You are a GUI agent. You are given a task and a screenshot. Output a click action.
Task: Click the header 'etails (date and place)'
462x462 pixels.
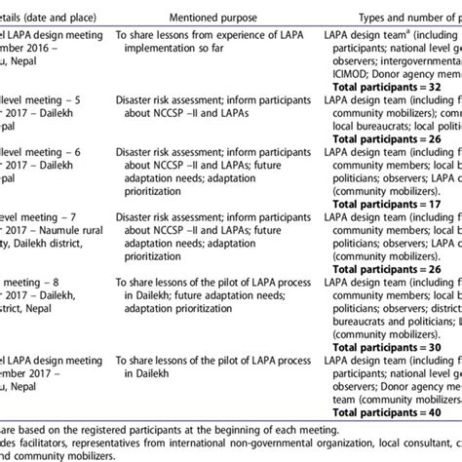tap(43, 18)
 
